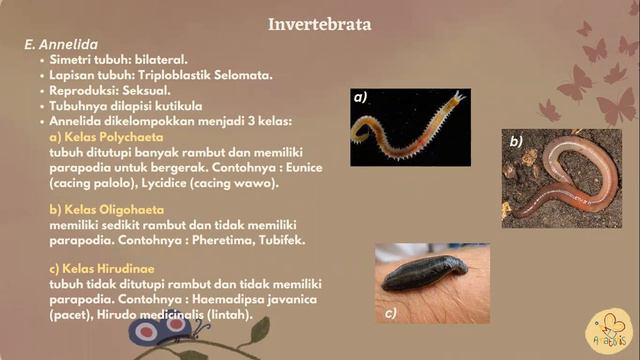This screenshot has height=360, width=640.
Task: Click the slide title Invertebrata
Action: coord(320,23)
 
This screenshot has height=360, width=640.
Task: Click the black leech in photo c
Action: coord(426,272)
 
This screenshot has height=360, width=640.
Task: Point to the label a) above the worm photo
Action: coord(360,98)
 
